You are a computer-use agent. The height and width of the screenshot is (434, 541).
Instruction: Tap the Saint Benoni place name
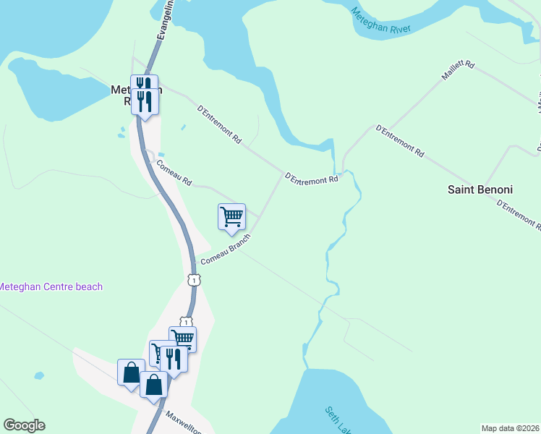point(480,190)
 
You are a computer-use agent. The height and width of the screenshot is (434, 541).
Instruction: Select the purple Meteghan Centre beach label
point(51,287)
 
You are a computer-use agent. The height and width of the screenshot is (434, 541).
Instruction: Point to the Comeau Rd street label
point(174,172)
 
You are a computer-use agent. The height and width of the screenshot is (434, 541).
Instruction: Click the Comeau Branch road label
point(225,250)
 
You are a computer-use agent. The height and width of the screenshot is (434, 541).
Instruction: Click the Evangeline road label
point(163,22)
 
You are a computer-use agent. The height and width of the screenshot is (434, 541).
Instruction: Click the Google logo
point(24,425)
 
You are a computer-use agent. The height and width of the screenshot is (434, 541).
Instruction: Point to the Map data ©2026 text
point(511,428)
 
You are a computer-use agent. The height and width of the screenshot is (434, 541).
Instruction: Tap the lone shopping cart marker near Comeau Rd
point(231,216)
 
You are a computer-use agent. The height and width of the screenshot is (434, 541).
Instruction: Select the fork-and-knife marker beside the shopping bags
point(174,358)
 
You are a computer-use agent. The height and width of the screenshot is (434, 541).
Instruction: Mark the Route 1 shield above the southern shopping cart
point(186,322)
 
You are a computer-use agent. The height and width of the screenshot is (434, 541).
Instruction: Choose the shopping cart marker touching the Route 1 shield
point(182,338)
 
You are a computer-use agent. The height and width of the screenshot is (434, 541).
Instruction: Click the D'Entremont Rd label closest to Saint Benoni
point(519,216)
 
